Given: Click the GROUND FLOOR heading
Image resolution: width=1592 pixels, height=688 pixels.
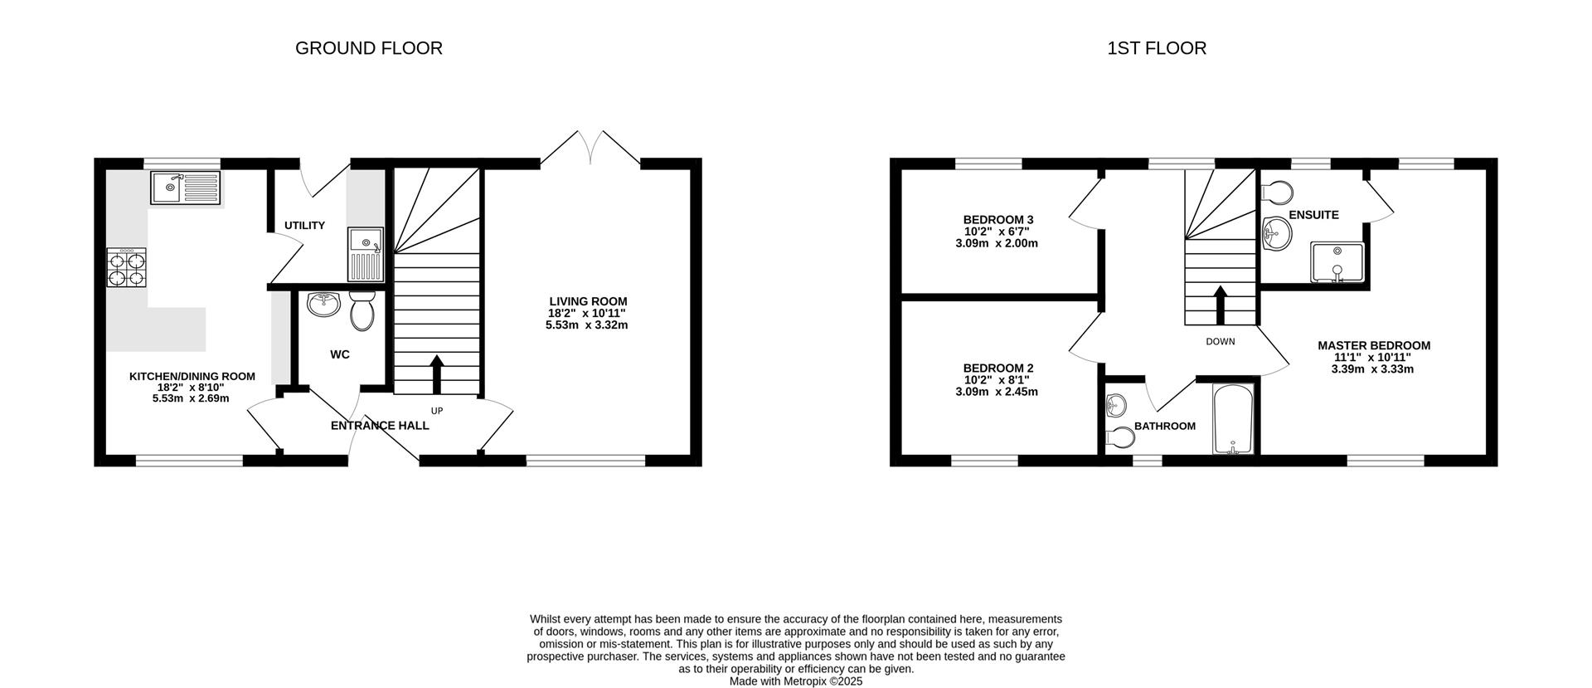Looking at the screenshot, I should (x=368, y=48).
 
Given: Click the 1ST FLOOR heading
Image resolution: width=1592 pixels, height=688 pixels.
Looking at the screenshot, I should (x=1156, y=48).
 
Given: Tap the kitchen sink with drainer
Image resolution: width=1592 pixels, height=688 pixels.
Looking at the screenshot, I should (x=186, y=188).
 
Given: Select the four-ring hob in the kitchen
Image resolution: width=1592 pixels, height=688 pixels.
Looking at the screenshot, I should (x=127, y=267).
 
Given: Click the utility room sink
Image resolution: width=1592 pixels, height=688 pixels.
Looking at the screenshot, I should (x=366, y=254).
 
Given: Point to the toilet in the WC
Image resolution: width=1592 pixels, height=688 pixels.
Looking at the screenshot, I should (x=362, y=311).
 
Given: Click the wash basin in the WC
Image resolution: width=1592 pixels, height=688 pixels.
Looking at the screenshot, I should (x=323, y=305).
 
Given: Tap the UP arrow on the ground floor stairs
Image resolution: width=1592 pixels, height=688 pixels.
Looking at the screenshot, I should (x=436, y=373).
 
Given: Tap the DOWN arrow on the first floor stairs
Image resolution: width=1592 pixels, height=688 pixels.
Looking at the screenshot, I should (x=1221, y=305).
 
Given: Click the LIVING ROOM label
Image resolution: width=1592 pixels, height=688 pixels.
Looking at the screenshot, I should (x=588, y=301).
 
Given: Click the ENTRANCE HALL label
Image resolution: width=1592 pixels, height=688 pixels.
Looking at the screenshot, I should (x=380, y=426).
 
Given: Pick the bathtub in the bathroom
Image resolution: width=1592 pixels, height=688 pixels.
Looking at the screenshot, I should (x=1233, y=418).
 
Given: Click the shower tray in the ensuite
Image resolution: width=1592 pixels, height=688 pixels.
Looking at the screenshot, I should (x=1337, y=262).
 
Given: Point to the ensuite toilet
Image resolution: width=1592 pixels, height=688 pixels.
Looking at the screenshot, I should (x=1278, y=192).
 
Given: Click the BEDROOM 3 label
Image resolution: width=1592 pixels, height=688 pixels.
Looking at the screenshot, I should (x=997, y=220).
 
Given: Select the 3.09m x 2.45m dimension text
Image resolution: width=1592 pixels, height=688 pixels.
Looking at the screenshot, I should (x=996, y=392).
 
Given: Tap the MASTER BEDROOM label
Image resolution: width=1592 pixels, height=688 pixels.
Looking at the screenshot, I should (x=1373, y=345).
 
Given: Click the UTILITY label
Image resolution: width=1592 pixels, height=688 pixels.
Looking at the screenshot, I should (x=304, y=226).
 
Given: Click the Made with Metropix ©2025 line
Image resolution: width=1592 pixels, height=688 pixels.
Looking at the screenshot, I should (x=795, y=681).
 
